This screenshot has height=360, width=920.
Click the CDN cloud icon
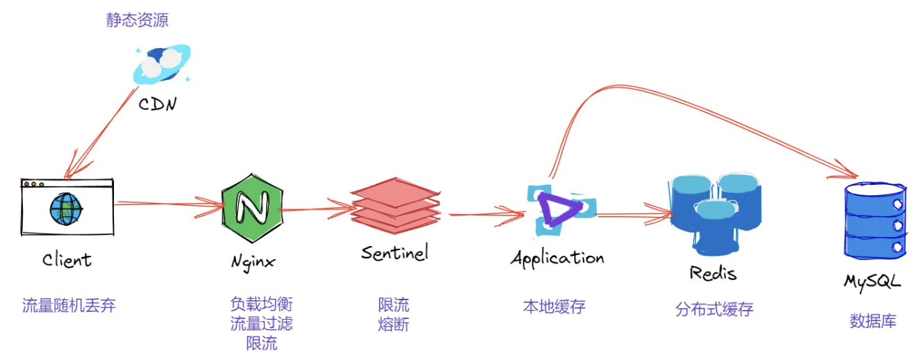162,63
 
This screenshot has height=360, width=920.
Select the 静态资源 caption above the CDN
138,20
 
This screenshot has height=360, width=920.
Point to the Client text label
67,260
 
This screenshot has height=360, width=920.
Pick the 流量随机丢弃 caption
69,304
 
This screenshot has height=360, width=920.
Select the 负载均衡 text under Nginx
261,304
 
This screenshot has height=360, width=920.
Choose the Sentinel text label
395,252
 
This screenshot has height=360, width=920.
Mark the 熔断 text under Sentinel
393,324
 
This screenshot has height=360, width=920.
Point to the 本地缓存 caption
554,306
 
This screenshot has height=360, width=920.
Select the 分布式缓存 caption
714,309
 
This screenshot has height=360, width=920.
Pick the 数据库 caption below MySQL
873,320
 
